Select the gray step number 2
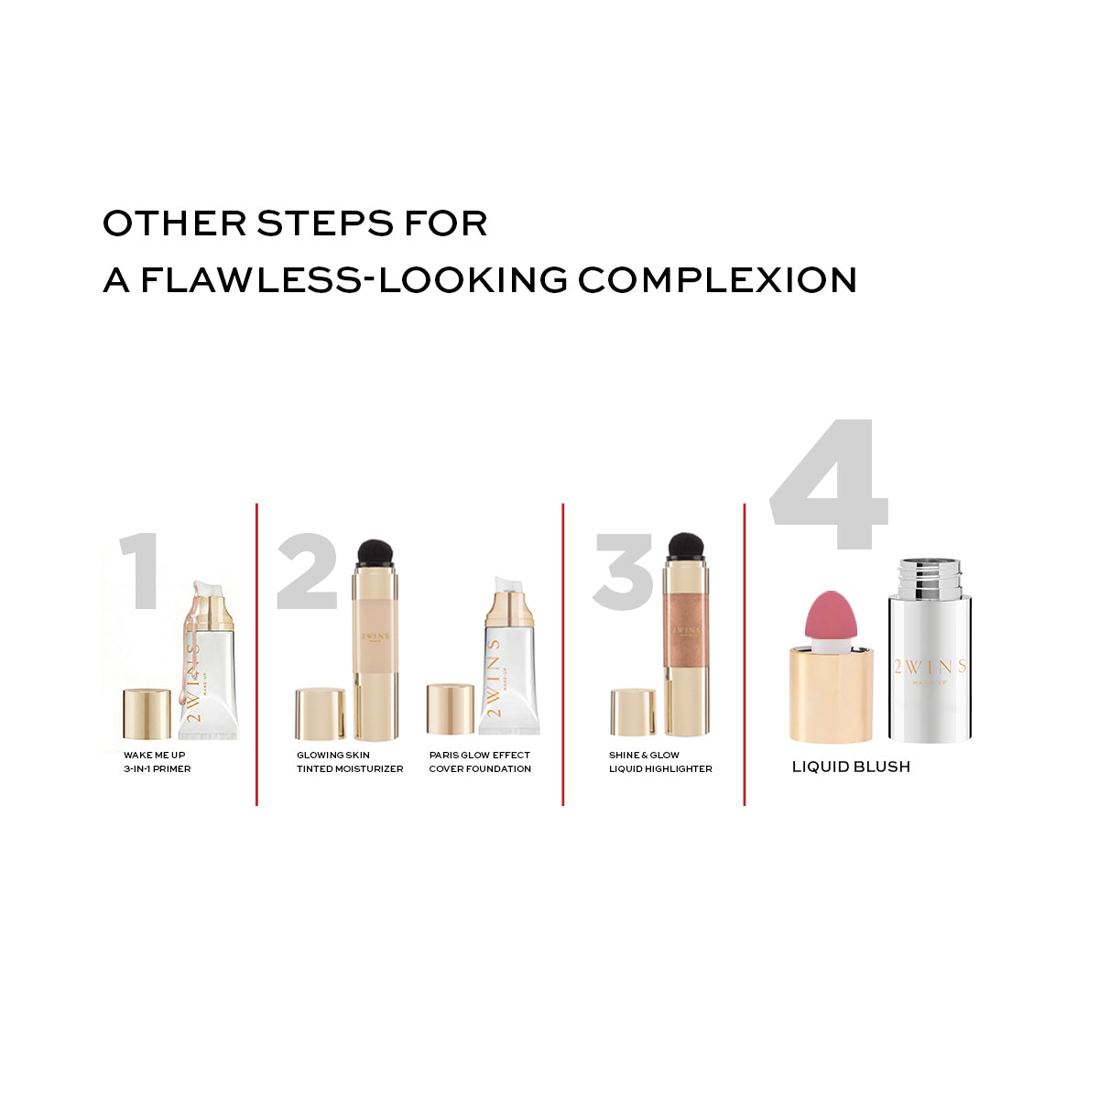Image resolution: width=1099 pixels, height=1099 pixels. [308, 571]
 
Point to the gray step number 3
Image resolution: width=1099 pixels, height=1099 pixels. [623, 571]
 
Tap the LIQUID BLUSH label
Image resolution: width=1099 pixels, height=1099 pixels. [851, 767]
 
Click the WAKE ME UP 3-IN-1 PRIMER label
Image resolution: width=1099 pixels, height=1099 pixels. [158, 761]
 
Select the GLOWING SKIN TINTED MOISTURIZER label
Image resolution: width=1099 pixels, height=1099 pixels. [350, 761]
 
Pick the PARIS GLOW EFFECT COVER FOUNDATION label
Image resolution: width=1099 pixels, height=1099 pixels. [480, 761]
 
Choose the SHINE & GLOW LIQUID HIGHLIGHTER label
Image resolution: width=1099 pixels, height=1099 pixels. [660, 761]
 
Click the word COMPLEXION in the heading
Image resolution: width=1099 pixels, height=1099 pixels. [717, 279]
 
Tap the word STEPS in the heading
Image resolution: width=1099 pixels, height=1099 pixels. [325, 223]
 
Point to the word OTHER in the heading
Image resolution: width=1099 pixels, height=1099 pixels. [175, 223]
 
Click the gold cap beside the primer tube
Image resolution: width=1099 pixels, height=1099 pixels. [147, 713]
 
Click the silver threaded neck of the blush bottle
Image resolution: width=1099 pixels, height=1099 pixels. [930, 577]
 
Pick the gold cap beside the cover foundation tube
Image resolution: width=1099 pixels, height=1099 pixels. [451, 709]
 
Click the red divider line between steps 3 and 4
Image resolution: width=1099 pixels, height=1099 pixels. [745, 654]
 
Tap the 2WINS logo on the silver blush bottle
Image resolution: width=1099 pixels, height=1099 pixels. [930, 670]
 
